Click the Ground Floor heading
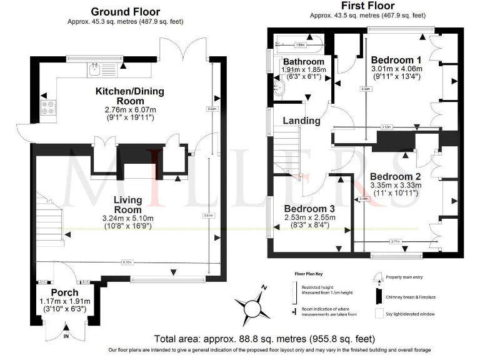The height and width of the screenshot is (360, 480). pos(125,11)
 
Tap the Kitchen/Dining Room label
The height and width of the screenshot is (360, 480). pos(129,96)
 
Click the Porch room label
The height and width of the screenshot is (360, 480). pos(64,292)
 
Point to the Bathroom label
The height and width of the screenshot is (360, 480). pos(304,62)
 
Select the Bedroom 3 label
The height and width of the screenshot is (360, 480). pos(311,208)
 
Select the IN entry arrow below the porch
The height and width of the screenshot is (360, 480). pos(66,336)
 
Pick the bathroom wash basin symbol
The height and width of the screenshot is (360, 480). pos(279,88)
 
